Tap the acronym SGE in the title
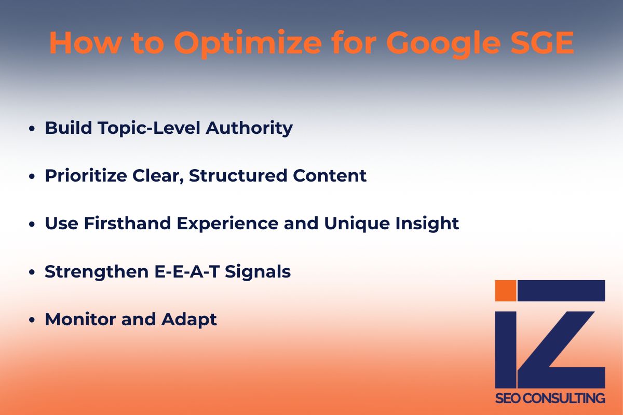544,44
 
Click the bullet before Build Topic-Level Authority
33,129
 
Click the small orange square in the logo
506,290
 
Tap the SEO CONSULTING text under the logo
550,398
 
